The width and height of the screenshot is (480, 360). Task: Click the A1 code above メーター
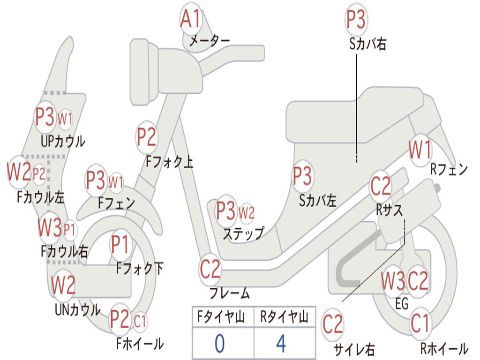191,19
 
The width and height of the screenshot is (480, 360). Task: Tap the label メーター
210,41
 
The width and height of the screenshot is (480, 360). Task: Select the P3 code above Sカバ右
356,20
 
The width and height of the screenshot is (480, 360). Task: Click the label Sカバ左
318,201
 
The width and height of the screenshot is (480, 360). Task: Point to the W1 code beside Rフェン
420,150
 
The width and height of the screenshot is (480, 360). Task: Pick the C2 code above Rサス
381,187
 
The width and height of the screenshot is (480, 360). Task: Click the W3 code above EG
393,281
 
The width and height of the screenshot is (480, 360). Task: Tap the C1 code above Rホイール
420,323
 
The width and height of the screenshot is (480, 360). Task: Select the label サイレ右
354,349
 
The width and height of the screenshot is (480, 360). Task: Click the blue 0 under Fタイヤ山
219,344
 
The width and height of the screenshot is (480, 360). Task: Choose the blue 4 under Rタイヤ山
281,344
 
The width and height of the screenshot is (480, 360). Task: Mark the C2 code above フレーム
210,269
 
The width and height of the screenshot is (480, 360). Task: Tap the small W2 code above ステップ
247,212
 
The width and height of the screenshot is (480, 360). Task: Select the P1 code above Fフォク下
121,245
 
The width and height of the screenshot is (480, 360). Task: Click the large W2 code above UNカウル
63,285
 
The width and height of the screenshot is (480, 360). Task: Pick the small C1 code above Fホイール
140,322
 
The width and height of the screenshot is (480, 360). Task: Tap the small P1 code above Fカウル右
70,229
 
